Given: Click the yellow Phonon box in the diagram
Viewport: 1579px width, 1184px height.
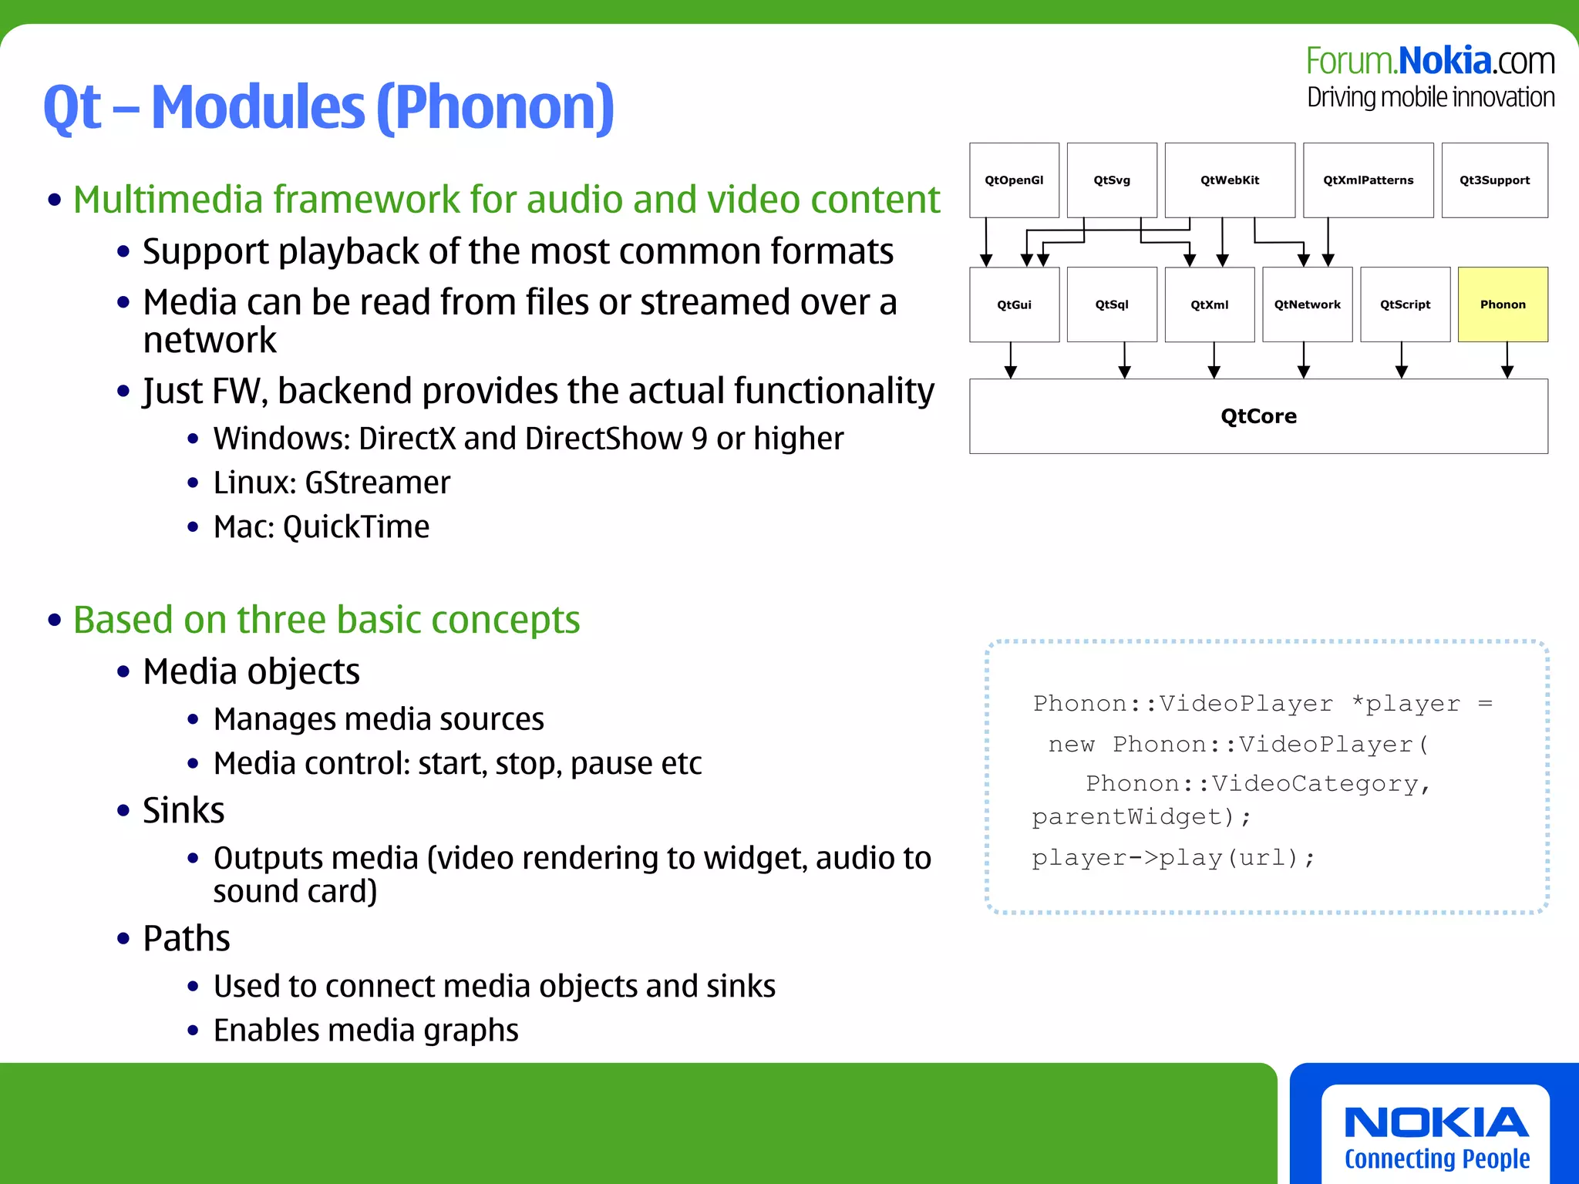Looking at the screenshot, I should point(1503,304).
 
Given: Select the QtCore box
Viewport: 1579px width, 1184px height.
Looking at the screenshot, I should point(1258,416).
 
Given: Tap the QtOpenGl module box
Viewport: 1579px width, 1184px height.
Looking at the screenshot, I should point(1014,180).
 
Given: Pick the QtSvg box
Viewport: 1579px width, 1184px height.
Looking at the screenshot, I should point(1112,180).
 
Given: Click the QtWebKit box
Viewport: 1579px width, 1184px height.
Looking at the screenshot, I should point(1230,180).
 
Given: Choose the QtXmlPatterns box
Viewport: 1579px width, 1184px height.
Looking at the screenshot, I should point(1369,180).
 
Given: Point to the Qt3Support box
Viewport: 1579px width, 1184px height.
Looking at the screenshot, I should point(1494,180).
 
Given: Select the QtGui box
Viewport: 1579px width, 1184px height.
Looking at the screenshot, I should point(1014,304).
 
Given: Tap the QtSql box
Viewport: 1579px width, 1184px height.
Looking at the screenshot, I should point(1112,304).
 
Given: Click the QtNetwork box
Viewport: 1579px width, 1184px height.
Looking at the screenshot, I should point(1307,304).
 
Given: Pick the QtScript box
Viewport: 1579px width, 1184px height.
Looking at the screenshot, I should point(1405,304).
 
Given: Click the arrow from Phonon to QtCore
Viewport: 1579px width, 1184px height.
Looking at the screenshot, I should point(1507,360).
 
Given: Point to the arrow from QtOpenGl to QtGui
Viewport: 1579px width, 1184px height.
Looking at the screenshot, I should point(986,242).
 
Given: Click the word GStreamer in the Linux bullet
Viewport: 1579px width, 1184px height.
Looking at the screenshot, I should point(378,483).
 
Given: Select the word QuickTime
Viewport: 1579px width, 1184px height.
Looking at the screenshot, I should point(356,527).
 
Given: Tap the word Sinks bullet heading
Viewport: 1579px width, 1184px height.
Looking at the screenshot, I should point(183,811).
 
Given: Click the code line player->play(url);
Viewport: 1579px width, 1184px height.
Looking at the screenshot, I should point(1173,858).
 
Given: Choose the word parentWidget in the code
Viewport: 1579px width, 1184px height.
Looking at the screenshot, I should point(1126,817).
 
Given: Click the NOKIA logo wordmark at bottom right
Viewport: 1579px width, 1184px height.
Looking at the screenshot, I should point(1436,1123).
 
